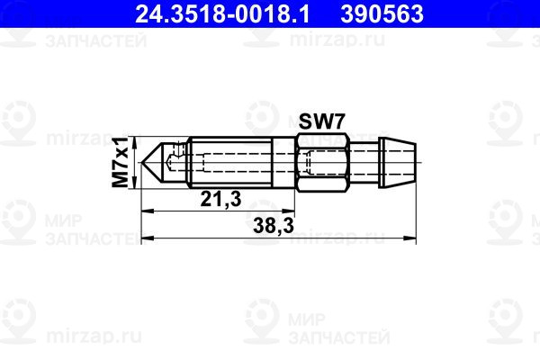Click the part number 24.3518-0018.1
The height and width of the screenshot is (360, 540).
tap(222, 14)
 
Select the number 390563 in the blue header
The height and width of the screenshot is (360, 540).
tap(382, 14)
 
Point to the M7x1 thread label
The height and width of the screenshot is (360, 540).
tap(121, 162)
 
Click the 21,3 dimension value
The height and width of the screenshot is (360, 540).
tap(220, 199)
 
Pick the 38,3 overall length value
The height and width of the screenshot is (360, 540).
tap(274, 226)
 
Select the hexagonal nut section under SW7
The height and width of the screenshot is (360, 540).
tap(322, 162)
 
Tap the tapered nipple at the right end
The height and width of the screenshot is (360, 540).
tap(398, 162)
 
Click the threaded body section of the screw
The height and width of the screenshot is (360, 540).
tap(230, 162)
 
